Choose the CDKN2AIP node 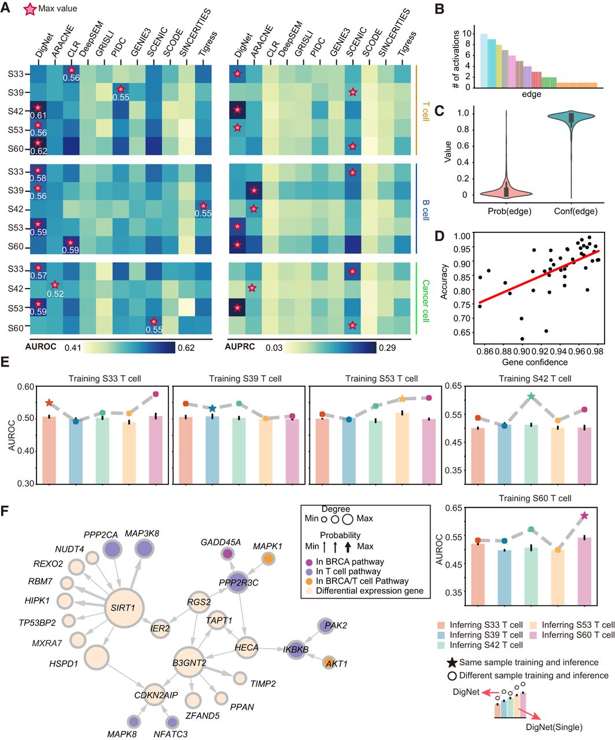coord(153,696)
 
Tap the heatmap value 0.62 coord(39,151)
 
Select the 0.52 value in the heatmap coord(55,293)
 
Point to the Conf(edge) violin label coord(575,212)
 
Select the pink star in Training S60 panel coord(584,516)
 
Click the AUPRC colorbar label coord(240,348)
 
